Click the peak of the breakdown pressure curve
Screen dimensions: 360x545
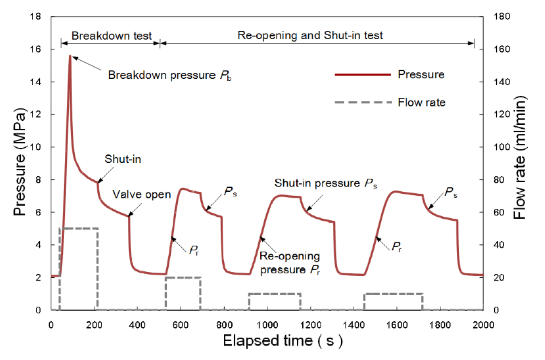pyautogui.click(x=70, y=56)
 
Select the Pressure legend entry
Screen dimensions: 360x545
pyautogui.click(x=421, y=75)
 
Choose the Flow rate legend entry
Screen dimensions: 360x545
pyautogui.click(x=421, y=102)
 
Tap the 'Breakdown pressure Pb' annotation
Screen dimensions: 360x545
pyautogui.click(x=170, y=75)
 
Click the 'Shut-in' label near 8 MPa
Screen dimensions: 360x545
pyautogui.click(x=122, y=159)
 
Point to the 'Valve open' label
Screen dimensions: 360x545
pyautogui.click(x=142, y=194)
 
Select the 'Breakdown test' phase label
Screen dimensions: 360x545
pyautogui.click(x=111, y=36)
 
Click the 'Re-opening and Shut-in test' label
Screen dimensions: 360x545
pyautogui.click(x=310, y=35)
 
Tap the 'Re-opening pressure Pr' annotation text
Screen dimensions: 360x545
pyautogui.click(x=290, y=263)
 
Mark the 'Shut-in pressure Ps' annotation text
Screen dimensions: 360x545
pyautogui.click(x=325, y=183)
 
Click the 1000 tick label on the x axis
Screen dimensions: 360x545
pyautogui.click(x=267, y=325)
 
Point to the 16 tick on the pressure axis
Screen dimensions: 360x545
pyautogui.click(x=36, y=49)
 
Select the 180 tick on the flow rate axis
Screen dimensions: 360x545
pyautogui.click(x=501, y=17)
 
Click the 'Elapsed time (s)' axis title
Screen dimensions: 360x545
pyautogui.click(x=283, y=341)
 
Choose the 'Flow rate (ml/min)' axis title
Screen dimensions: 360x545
pyautogui.click(x=519, y=158)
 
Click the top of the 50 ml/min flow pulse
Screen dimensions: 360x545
pyautogui.click(x=78, y=228)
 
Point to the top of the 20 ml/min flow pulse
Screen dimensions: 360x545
pyautogui.click(x=183, y=278)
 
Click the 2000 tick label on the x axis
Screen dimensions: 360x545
pyautogui.click(x=483, y=325)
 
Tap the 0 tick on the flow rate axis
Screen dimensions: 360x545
pyautogui.click(x=496, y=310)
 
